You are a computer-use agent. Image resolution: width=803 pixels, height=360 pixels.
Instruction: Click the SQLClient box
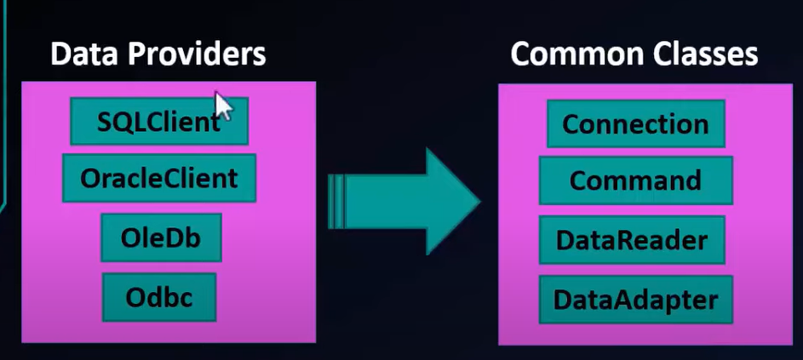click(159, 122)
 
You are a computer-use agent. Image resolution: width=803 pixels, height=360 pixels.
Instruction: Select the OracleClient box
click(159, 178)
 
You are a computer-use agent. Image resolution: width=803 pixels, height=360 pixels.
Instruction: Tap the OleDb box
click(161, 237)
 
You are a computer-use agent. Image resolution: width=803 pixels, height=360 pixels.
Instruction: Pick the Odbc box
click(159, 298)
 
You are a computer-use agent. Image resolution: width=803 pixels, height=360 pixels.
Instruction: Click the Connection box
click(635, 123)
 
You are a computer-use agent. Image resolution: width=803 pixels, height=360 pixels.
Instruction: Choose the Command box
click(635, 180)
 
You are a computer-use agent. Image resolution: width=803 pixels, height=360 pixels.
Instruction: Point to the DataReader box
click(632, 240)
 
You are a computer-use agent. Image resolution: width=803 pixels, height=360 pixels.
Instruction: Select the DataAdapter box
click(635, 300)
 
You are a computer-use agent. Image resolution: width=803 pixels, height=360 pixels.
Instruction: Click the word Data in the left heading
click(85, 54)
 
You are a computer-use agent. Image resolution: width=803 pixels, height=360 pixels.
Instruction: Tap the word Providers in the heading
click(198, 54)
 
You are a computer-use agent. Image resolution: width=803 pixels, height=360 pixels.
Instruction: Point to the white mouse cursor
click(223, 106)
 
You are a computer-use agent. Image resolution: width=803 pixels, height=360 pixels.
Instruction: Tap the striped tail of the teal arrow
click(336, 201)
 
